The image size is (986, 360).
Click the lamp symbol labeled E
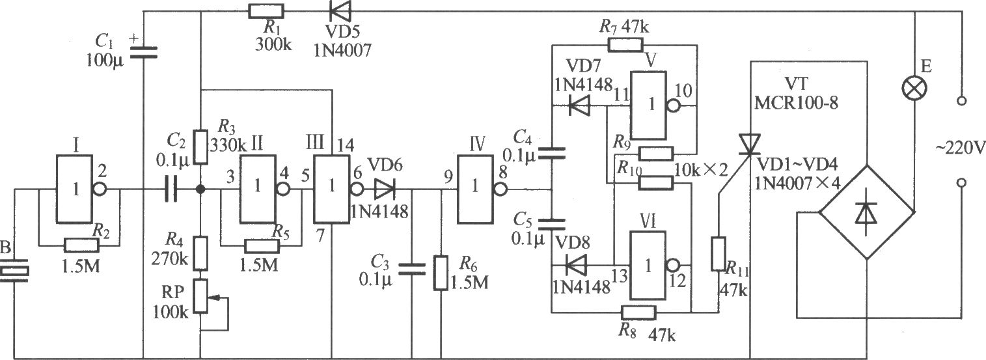pos(914,89)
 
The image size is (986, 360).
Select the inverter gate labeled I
pos(74,189)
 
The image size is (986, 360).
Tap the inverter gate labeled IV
pos(475,189)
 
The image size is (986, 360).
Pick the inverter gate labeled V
pos(649,105)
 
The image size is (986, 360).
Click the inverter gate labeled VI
pos(648,266)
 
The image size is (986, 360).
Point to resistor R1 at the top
pos(266,11)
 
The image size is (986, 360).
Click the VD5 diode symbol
pos(340,11)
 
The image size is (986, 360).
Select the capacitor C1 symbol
pos(143,52)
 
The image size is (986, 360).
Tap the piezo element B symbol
pos(14,273)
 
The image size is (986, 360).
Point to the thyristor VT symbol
pos(750,145)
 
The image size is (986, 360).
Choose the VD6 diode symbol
pos(385,189)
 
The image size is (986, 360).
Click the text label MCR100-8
pos(796,103)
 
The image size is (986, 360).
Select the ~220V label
pos(959,148)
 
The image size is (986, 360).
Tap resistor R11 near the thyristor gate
pos(719,254)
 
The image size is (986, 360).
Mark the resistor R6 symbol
pos(441,273)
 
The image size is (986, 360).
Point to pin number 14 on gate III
pos(346,145)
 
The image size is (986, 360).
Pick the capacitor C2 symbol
pos(171,189)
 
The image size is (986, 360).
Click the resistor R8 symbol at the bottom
pos(638,312)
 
